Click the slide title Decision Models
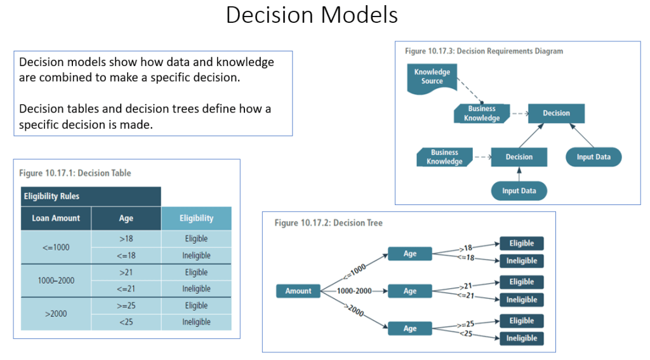pyautogui.click(x=312, y=15)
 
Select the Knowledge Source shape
pyautogui.click(x=432, y=77)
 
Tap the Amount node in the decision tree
pyautogui.click(x=298, y=291)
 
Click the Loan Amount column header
pyautogui.click(x=56, y=218)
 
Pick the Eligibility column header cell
pyautogui.click(x=196, y=218)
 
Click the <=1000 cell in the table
pyautogui.click(x=56, y=247)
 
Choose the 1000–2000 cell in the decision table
pyautogui.click(x=56, y=280)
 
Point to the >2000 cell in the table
pyautogui.click(x=56, y=314)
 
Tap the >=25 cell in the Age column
pyautogui.click(x=126, y=305)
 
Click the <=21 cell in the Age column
pyautogui.click(x=126, y=289)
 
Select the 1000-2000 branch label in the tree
pyautogui.click(x=354, y=291)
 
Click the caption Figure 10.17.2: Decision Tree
pyautogui.click(x=328, y=223)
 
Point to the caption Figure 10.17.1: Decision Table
pyautogui.click(x=75, y=173)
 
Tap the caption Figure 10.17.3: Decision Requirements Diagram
pyautogui.click(x=484, y=51)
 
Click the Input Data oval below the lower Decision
pyautogui.click(x=519, y=190)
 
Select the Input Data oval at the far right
pyautogui.click(x=594, y=157)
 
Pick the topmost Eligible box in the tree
pyautogui.click(x=522, y=243)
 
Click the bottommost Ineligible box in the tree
pyautogui.click(x=522, y=338)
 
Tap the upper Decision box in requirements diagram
pyautogui.click(x=556, y=113)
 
